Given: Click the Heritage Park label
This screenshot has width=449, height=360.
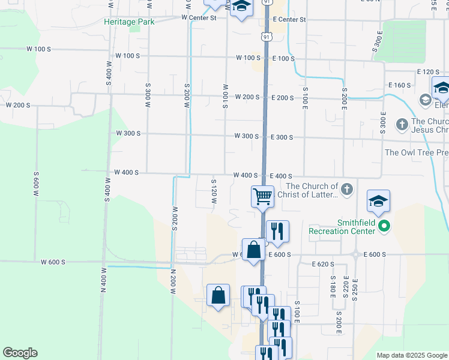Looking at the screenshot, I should pos(128,22).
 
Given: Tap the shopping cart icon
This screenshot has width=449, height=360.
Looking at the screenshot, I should pos(262,196).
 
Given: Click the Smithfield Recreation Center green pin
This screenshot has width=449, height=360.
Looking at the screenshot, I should pos(385,227).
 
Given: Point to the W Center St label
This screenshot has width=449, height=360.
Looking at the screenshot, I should pos(199,18).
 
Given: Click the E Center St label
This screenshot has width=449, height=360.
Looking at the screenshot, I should pos(289,20).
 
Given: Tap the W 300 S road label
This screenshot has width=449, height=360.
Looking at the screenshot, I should pos(128,133).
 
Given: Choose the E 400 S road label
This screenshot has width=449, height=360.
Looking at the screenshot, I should pos(282,176).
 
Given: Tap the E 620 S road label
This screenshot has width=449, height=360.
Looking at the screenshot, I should pos(322,264).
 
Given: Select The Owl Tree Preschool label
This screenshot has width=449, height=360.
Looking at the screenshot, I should pos(416,152).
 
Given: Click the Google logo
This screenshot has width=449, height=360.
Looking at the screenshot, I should pos(20,353).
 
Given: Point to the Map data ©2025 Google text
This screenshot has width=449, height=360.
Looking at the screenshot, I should pos(412,355).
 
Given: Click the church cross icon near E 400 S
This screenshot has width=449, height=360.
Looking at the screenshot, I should pos(347,190).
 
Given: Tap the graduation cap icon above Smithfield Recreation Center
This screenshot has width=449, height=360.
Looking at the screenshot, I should pos(379,201).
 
